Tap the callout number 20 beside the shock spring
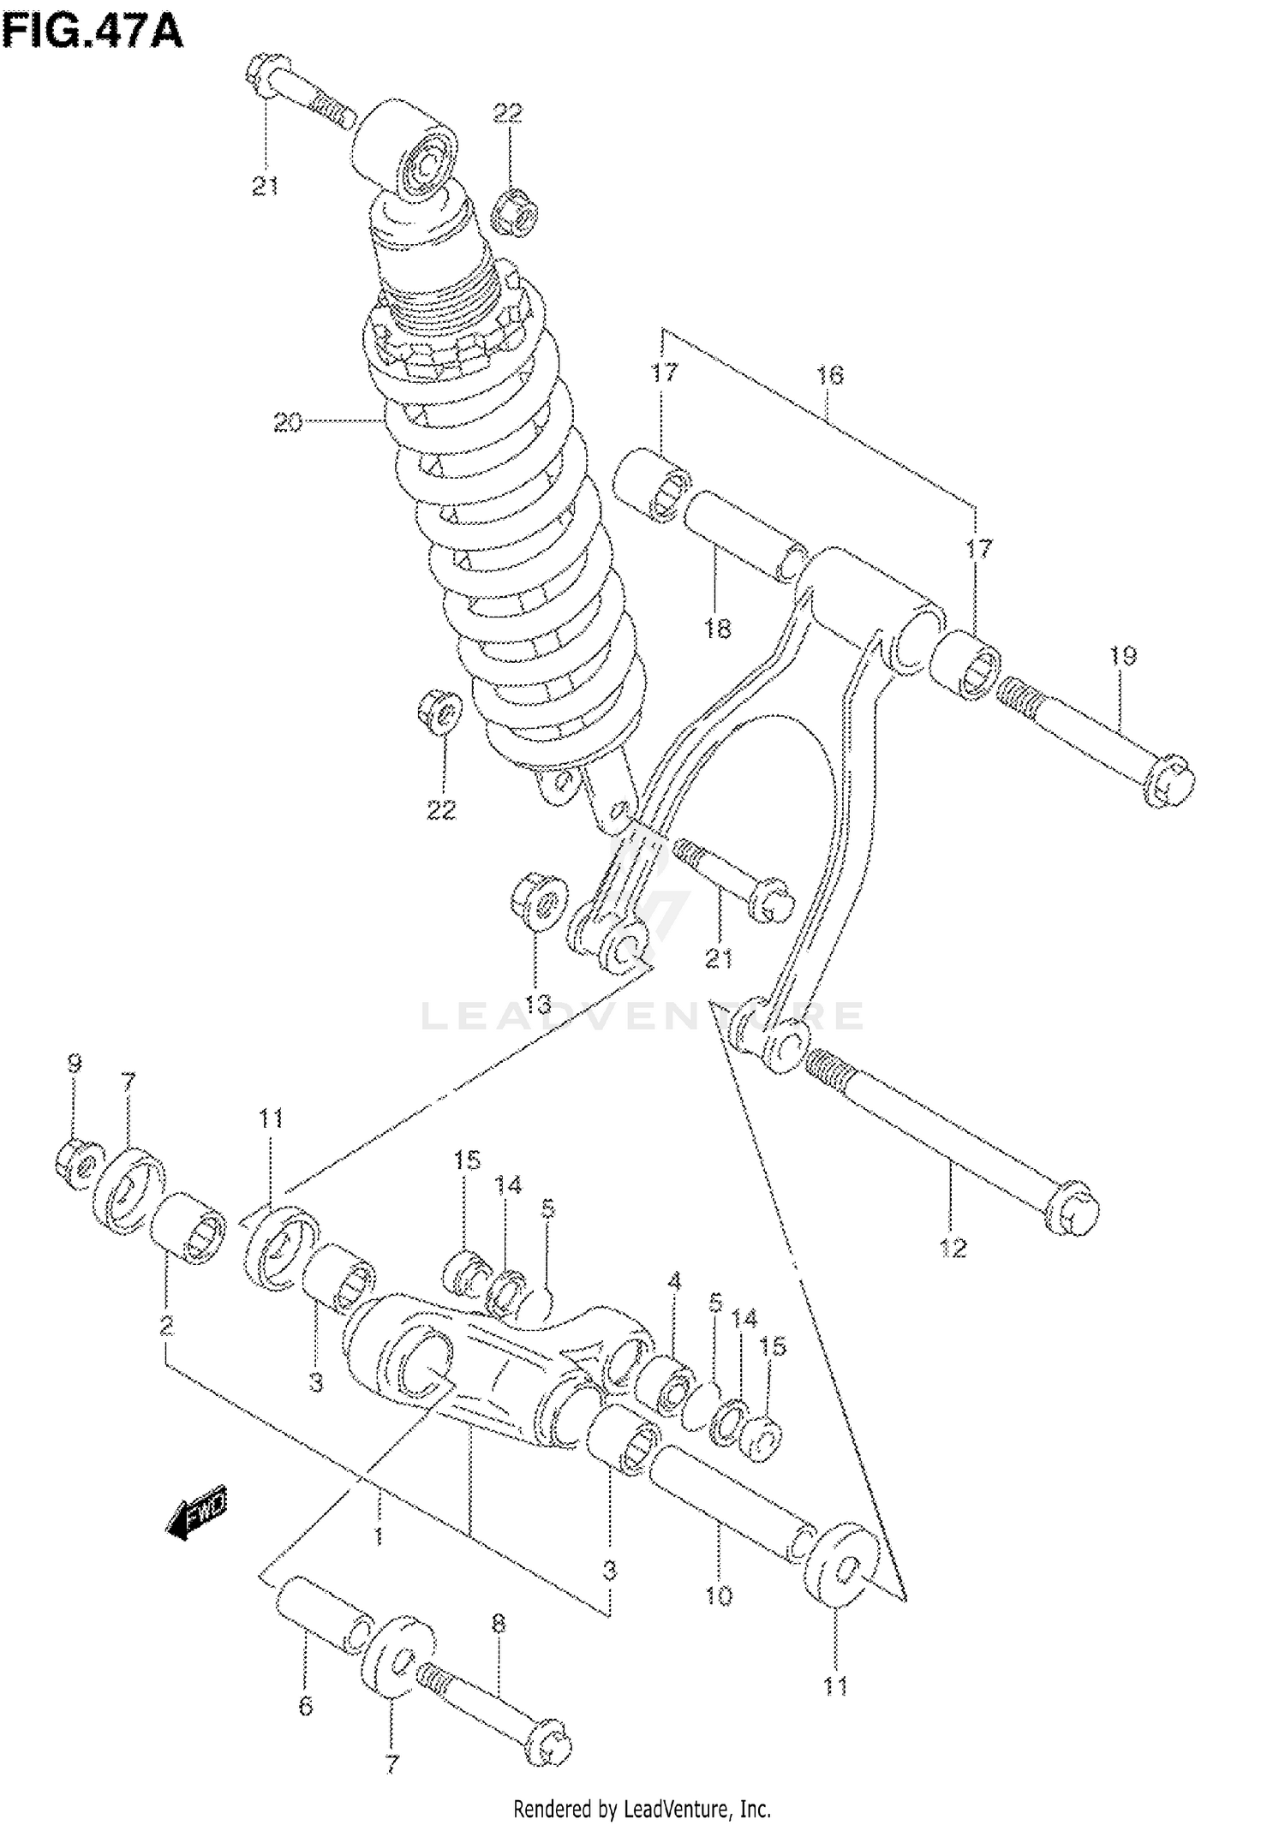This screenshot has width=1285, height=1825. click(288, 422)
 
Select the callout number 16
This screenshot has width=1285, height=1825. click(829, 375)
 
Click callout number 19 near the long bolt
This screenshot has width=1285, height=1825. click(1122, 657)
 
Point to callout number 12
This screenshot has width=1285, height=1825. click(953, 1248)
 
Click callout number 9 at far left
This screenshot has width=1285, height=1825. click(75, 1064)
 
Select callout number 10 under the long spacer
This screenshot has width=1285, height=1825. click(719, 1595)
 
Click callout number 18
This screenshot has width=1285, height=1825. click(718, 629)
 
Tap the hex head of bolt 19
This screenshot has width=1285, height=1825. click(1168, 779)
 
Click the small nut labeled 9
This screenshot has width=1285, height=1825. click(77, 1166)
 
